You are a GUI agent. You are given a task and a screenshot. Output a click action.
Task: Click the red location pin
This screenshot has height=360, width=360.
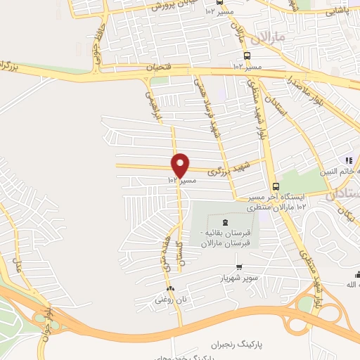point(181,165)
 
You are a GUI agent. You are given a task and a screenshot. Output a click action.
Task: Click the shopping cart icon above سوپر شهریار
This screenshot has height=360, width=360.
point(240,267)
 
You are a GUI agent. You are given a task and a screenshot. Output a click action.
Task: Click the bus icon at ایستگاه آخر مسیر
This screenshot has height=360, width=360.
point(274,186)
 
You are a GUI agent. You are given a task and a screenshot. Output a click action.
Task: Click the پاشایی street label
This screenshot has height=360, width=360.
point(337,11)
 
